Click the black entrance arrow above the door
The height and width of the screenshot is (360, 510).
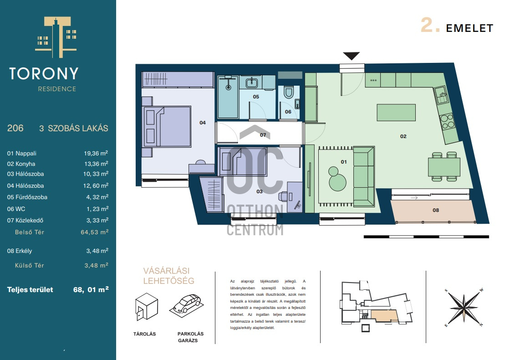pos(351,56)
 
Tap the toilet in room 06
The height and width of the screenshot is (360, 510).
pos(289,92)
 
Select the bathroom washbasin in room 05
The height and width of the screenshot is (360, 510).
pos(251,82)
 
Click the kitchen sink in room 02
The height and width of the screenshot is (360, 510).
pos(441,95)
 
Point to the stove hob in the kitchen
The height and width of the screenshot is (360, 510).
pos(447,121)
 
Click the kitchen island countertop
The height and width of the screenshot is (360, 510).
pos(396,113)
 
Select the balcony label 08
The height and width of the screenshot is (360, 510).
pos(436,210)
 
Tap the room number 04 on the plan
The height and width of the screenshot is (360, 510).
pos(203,123)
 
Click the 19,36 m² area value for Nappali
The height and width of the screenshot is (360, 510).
pos(96,153)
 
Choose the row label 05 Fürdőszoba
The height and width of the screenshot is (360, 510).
pos(27,197)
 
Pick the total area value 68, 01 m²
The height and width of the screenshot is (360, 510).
pos(91,289)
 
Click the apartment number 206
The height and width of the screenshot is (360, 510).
pos(15,128)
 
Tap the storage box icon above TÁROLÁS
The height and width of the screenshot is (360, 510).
pos(147,306)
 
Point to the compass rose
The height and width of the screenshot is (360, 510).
pos(464,307)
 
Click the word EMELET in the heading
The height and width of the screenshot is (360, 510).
pos(469,28)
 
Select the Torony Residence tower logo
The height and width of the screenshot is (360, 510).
pos(56,37)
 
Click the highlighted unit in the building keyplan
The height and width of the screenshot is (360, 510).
pos(384,316)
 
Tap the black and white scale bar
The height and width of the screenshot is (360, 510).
pos(426,237)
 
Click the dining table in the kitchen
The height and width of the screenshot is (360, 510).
pos(444,167)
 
